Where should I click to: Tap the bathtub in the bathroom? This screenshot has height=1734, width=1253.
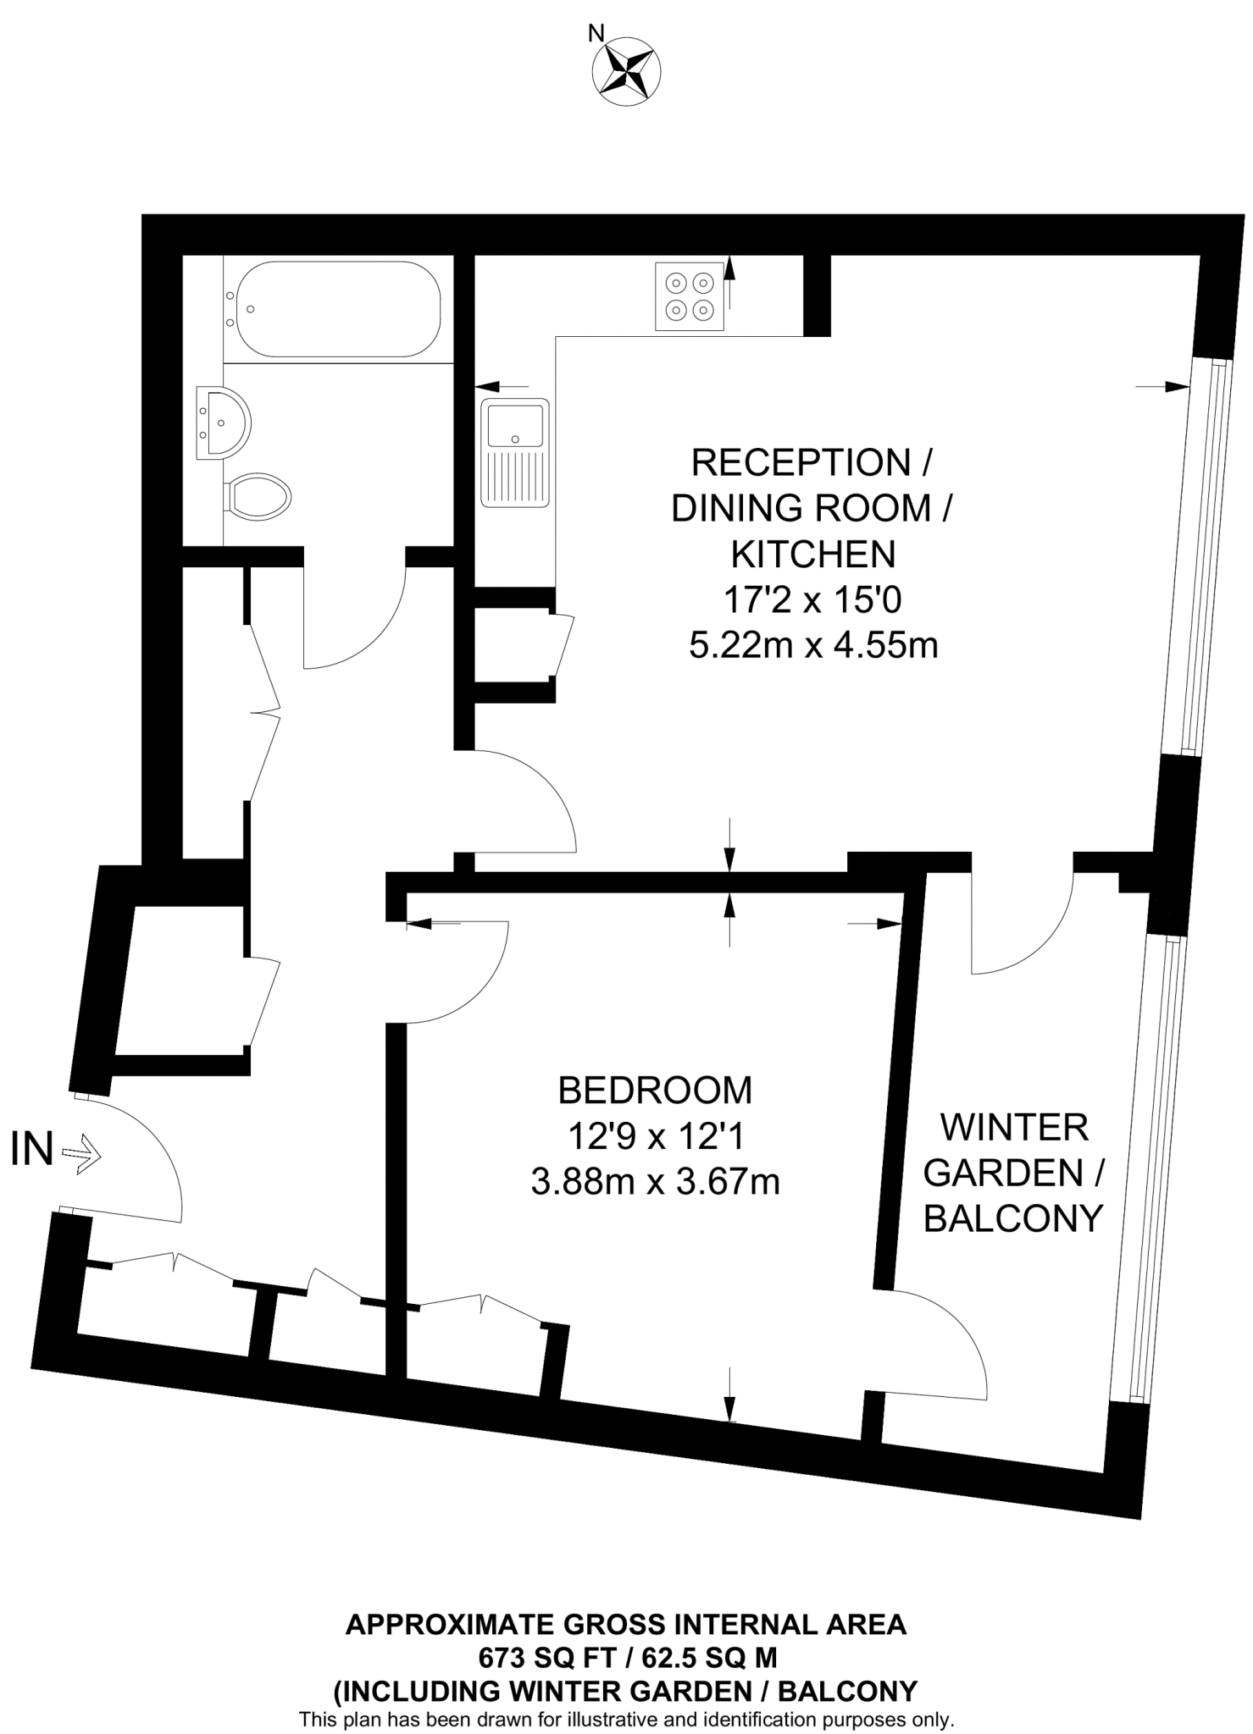pyautogui.click(x=337, y=309)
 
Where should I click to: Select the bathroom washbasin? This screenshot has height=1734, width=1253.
pyautogui.click(x=223, y=422)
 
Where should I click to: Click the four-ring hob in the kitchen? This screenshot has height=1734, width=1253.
pyautogui.click(x=690, y=296)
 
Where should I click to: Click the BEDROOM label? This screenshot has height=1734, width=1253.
pyautogui.click(x=655, y=1091)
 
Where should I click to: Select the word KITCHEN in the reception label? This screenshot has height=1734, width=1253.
pyautogui.click(x=813, y=555)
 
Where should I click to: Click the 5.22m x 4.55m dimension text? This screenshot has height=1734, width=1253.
pyautogui.click(x=813, y=646)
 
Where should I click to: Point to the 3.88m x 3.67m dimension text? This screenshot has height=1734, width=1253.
pyautogui.click(x=655, y=1181)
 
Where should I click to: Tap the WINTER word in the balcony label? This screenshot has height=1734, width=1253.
pyautogui.click(x=1014, y=1128)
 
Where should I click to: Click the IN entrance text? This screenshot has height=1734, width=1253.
pyautogui.click(x=32, y=1151)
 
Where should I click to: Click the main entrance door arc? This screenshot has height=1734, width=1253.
pyautogui.click(x=144, y=1151)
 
